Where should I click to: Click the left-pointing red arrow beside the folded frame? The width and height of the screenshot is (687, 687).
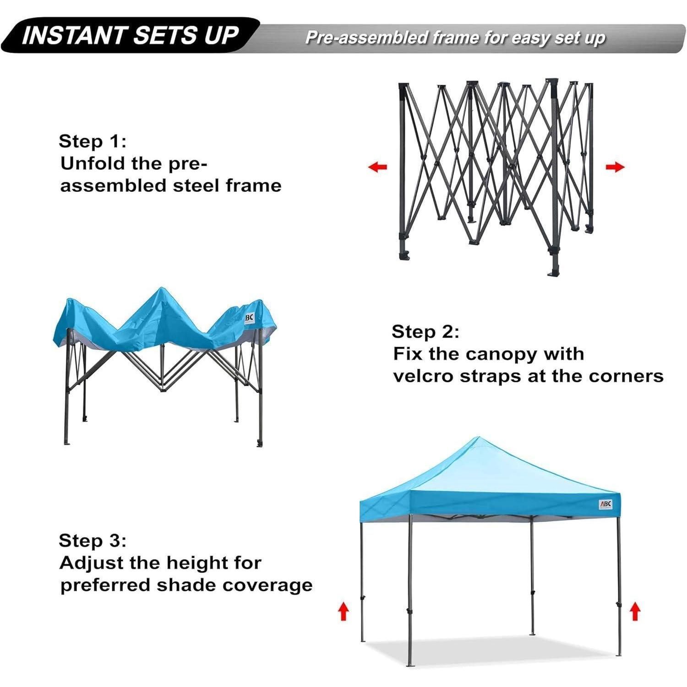(x=377, y=167)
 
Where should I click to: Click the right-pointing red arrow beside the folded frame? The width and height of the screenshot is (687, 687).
(x=615, y=167)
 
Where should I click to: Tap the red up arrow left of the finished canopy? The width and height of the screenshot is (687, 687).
(x=343, y=611)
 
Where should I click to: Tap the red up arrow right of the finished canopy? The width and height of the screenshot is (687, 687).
(x=634, y=611)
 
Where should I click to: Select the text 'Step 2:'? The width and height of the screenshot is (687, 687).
(x=425, y=332)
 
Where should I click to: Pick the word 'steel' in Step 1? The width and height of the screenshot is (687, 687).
(x=196, y=185)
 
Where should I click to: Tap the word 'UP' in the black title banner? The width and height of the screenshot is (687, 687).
(x=222, y=36)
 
